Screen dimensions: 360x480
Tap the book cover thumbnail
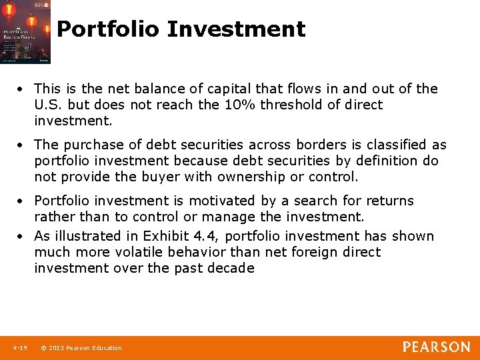pos(25,32)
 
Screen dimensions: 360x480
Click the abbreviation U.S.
pos(49,105)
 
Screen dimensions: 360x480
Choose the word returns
pos(389,201)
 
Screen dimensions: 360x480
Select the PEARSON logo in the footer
pos(436,347)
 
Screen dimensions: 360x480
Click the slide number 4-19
pos(19,348)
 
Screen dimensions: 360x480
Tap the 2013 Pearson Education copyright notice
pos(81,348)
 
